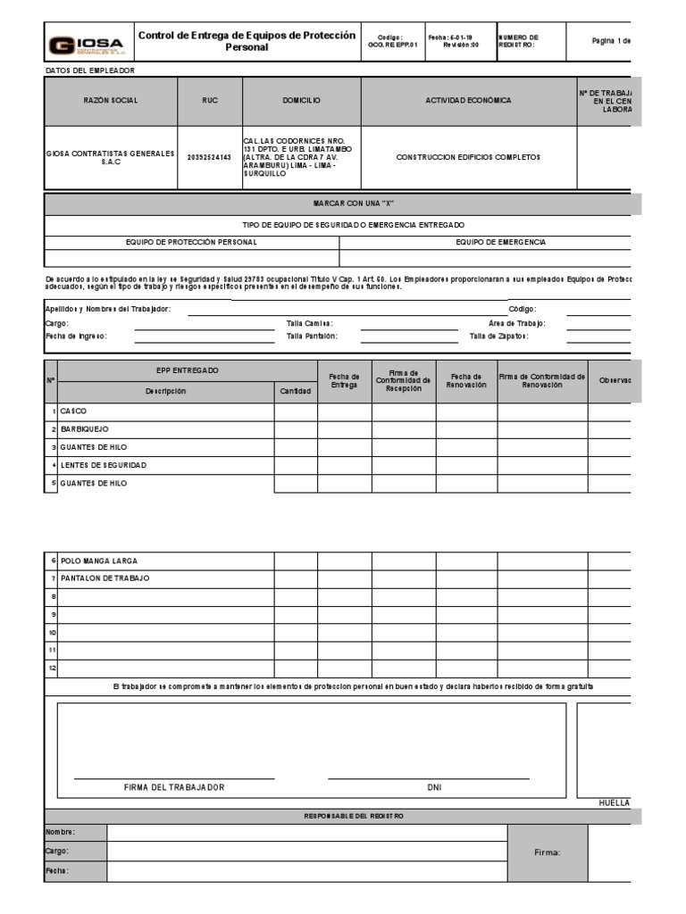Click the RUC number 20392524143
coord(209,157)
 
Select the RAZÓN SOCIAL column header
coord(111,101)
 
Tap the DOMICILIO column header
coord(300,101)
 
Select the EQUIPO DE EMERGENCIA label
coord(500,242)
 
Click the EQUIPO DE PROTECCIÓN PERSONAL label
coord(191,242)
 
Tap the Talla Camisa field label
coord(310,323)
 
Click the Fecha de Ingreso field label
coord(76,337)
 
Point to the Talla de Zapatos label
coord(498,337)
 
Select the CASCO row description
coord(73,411)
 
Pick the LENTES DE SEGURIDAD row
coord(103,465)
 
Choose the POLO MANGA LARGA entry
coord(99,561)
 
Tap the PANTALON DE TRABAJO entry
coord(105,578)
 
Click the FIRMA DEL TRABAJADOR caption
coord(174,787)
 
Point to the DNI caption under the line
coord(434,787)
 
